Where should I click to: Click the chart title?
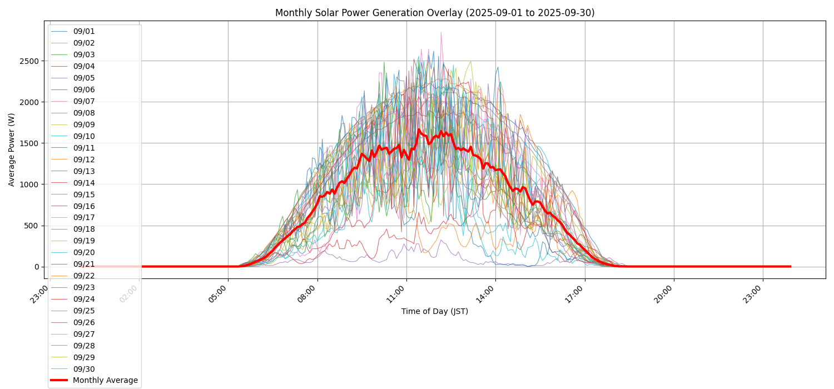pos(434,13)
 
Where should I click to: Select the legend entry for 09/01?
pos(84,32)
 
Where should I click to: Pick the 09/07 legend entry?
pos(84,102)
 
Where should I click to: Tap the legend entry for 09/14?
pos(84,183)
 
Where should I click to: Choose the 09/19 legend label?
pos(84,241)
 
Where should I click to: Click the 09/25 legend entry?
pos(84,311)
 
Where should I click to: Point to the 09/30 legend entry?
pos(84,370)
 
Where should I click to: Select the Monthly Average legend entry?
pos(105,381)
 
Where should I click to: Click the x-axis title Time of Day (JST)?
pos(434,312)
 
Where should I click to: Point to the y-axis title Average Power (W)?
pos(12,149)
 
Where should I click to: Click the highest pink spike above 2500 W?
pos(441,33)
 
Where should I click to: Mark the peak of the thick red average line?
pos(419,129)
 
